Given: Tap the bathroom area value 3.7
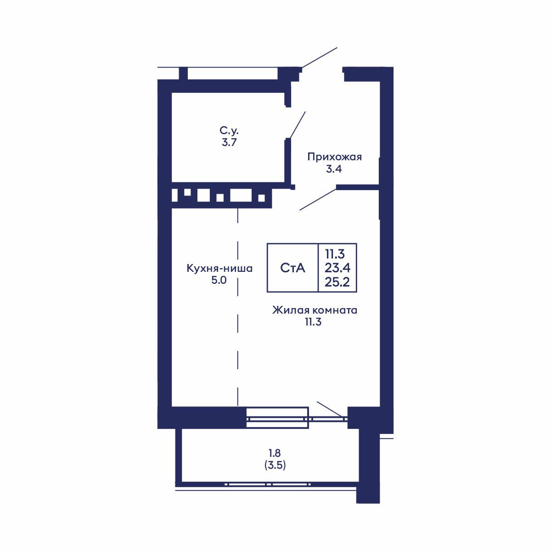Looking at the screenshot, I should [x=228, y=142].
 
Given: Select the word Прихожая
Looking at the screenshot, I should [x=334, y=157].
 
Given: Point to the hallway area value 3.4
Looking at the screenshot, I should [x=334, y=169].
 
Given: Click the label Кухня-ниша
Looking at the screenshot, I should [x=219, y=268].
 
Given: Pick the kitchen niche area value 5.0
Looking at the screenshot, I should [x=219, y=280].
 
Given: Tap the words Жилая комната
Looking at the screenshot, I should [x=315, y=310].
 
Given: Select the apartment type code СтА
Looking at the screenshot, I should [x=292, y=268].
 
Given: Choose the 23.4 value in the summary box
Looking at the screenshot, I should [x=337, y=268].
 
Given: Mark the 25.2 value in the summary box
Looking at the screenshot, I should [x=337, y=282].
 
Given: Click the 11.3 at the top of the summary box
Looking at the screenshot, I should [x=335, y=253].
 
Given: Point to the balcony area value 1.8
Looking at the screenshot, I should [x=275, y=453].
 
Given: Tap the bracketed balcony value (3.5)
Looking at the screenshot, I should [x=275, y=465].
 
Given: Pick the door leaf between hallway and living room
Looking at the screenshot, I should [x=318, y=199].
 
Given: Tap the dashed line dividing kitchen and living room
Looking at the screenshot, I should [x=238, y=308].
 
